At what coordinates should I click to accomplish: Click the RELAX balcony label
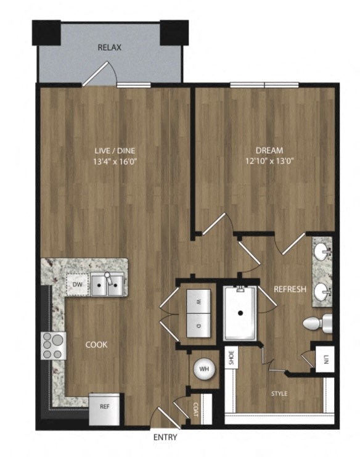[110, 47]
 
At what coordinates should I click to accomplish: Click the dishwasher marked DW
[78, 284]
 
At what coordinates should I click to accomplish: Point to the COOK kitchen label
[97, 345]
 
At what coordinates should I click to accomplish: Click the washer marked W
[198, 303]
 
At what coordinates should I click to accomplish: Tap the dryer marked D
[198, 324]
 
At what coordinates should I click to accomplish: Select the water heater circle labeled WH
[203, 370]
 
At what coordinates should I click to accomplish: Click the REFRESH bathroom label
[290, 289]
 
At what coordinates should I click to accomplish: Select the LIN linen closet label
[323, 359]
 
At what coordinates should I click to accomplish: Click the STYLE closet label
[279, 393]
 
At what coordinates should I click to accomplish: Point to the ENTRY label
[165, 438]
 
